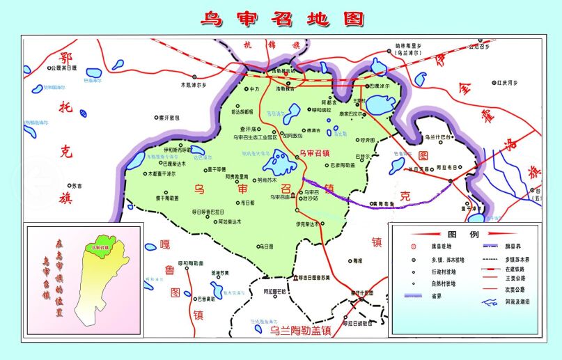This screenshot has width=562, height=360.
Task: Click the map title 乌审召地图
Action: [281, 18]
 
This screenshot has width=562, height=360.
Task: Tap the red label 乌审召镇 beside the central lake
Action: [315, 152]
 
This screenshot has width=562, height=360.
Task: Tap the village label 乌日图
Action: [267, 246]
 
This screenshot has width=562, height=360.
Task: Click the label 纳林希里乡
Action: [407, 46]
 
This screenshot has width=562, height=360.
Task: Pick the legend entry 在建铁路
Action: [515, 268]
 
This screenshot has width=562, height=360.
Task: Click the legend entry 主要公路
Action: [515, 279]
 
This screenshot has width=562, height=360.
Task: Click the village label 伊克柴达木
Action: [307, 224]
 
